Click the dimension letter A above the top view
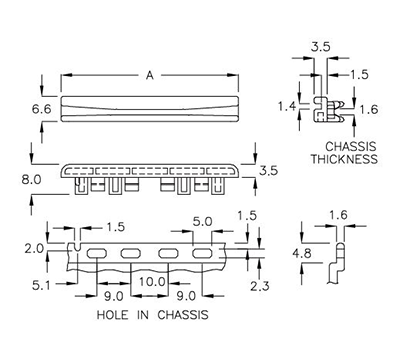coord(149,74)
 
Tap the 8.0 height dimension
coord(31,181)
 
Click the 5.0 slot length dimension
coord(202,220)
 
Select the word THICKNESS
coord(343,159)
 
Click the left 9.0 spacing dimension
coord(113,295)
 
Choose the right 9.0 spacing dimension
coord(185,295)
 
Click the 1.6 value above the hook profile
coord(337,214)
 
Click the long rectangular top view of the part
coord(149,106)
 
